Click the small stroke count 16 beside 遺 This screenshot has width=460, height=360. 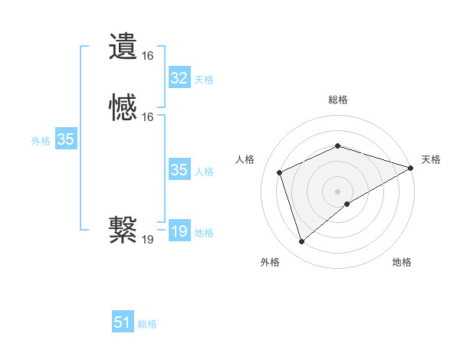tap(147, 56)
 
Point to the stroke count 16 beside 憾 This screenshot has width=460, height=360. tap(147, 117)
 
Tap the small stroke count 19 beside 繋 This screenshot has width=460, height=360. tap(147, 240)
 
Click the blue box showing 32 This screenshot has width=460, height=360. tap(179, 78)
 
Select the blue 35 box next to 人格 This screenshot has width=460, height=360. tap(179, 170)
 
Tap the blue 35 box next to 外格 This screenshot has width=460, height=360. tap(65, 139)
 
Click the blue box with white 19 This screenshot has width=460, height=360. tap(179, 231)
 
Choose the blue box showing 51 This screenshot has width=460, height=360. tap(123, 322)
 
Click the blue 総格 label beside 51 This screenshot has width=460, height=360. tap(147, 324)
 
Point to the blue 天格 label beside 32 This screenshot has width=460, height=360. tap(204, 80)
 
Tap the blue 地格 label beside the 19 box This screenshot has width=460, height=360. tap(204, 233)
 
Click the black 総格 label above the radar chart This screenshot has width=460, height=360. tap(338, 100)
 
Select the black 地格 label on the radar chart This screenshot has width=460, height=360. tap(402, 262)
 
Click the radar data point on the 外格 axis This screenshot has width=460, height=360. tap(301, 242)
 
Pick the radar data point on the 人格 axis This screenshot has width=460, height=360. tap(281, 172)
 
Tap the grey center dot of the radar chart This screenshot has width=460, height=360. tap(338, 191)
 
